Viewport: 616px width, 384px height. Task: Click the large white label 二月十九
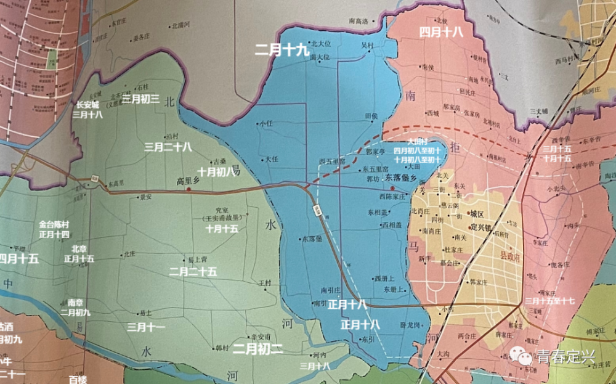point(282,51)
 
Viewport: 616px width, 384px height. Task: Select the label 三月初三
point(140,99)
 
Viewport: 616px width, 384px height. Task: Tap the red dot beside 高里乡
point(188,190)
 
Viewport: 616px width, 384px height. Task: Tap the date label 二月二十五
point(193,271)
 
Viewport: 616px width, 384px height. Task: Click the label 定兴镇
point(483,227)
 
